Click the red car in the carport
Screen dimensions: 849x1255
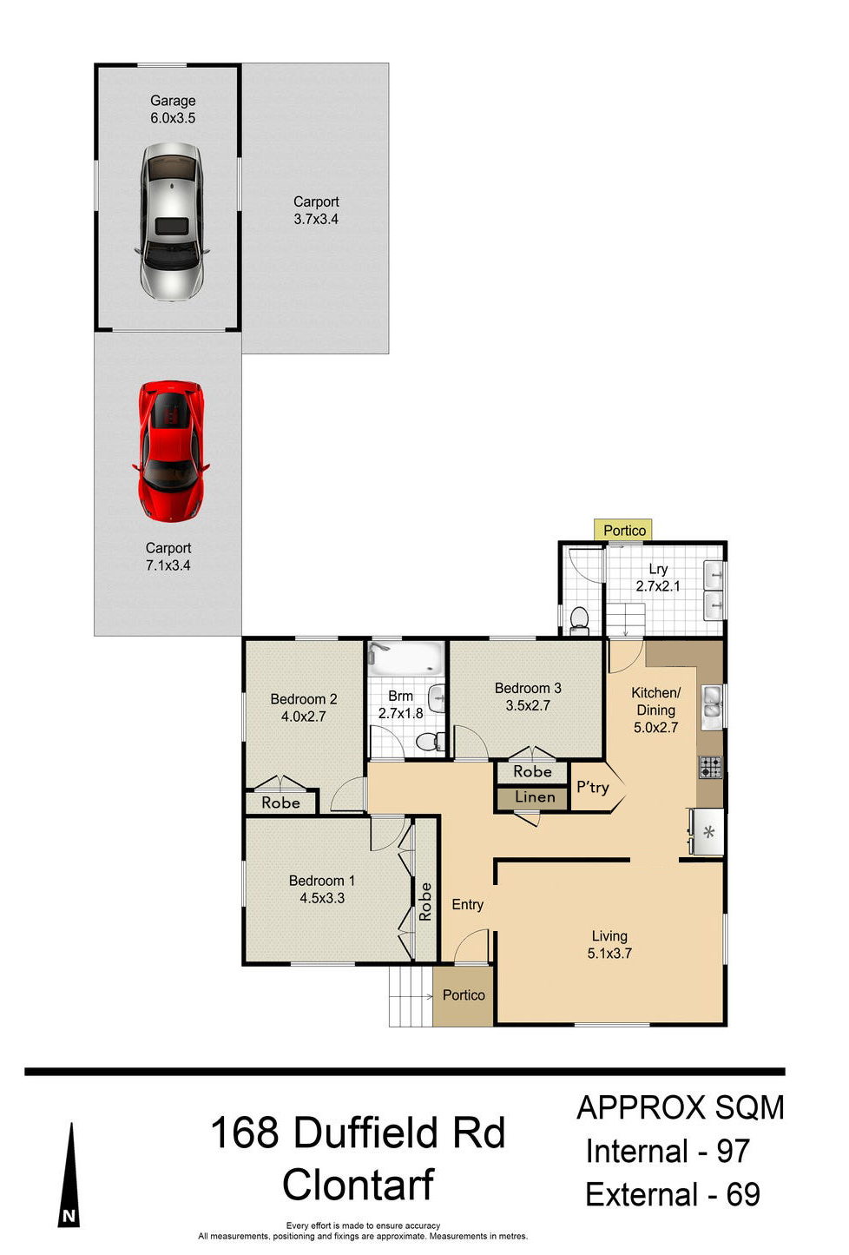[170, 451]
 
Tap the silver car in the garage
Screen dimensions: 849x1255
[171, 221]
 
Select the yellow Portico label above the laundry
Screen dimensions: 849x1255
[622, 530]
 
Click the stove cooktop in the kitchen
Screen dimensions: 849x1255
[710, 767]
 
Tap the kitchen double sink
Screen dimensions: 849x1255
[711, 706]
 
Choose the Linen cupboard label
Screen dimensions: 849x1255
[535, 796]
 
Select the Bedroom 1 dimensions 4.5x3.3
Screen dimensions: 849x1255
[322, 897]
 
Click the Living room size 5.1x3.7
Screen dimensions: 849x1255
[609, 953]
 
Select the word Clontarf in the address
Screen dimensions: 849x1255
[358, 1184]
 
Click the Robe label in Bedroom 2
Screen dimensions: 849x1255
[280, 803]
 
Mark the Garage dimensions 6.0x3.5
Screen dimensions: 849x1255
[173, 117]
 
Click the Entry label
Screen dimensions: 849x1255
[467, 904]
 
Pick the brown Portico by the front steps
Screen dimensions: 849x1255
[464, 995]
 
